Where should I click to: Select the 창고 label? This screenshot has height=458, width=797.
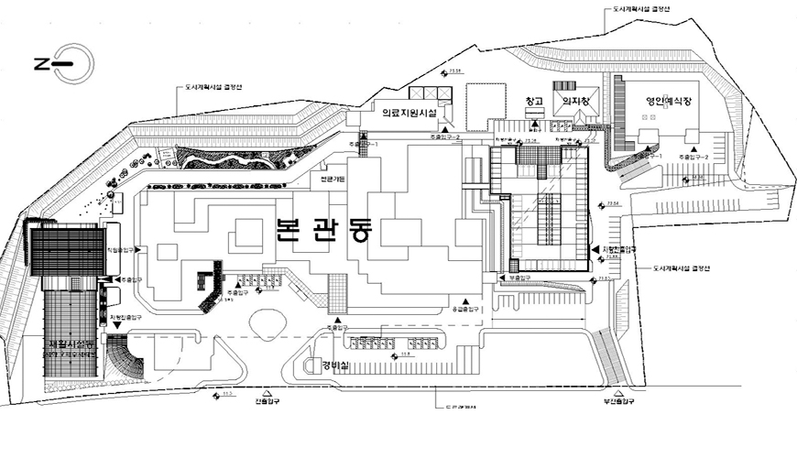click(535, 101)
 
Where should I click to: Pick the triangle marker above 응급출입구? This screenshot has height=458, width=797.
click(465, 300)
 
